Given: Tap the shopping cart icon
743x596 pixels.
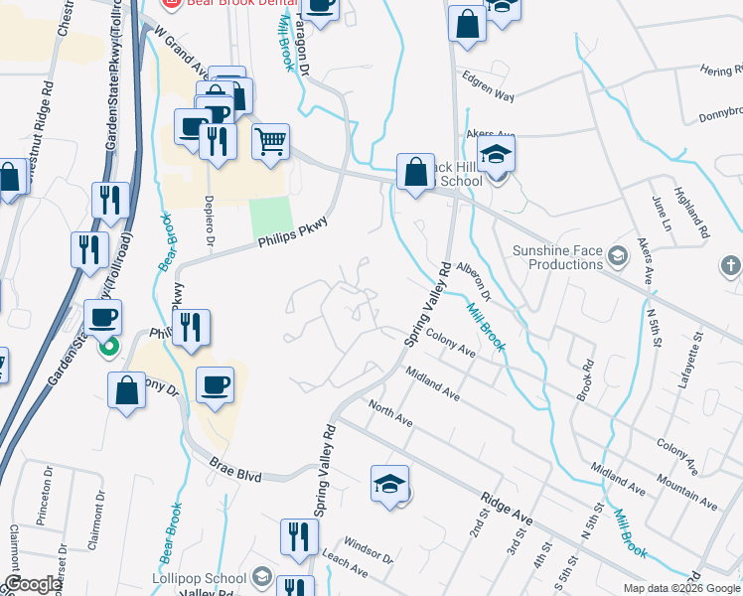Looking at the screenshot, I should [271, 141].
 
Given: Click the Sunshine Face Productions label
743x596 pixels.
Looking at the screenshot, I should [558, 258].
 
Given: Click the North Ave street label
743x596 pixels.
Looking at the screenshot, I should [389, 414].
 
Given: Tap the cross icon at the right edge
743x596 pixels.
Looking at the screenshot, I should [730, 265].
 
